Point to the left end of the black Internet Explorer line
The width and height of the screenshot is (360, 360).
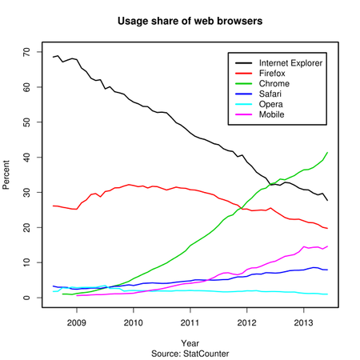[53, 57]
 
